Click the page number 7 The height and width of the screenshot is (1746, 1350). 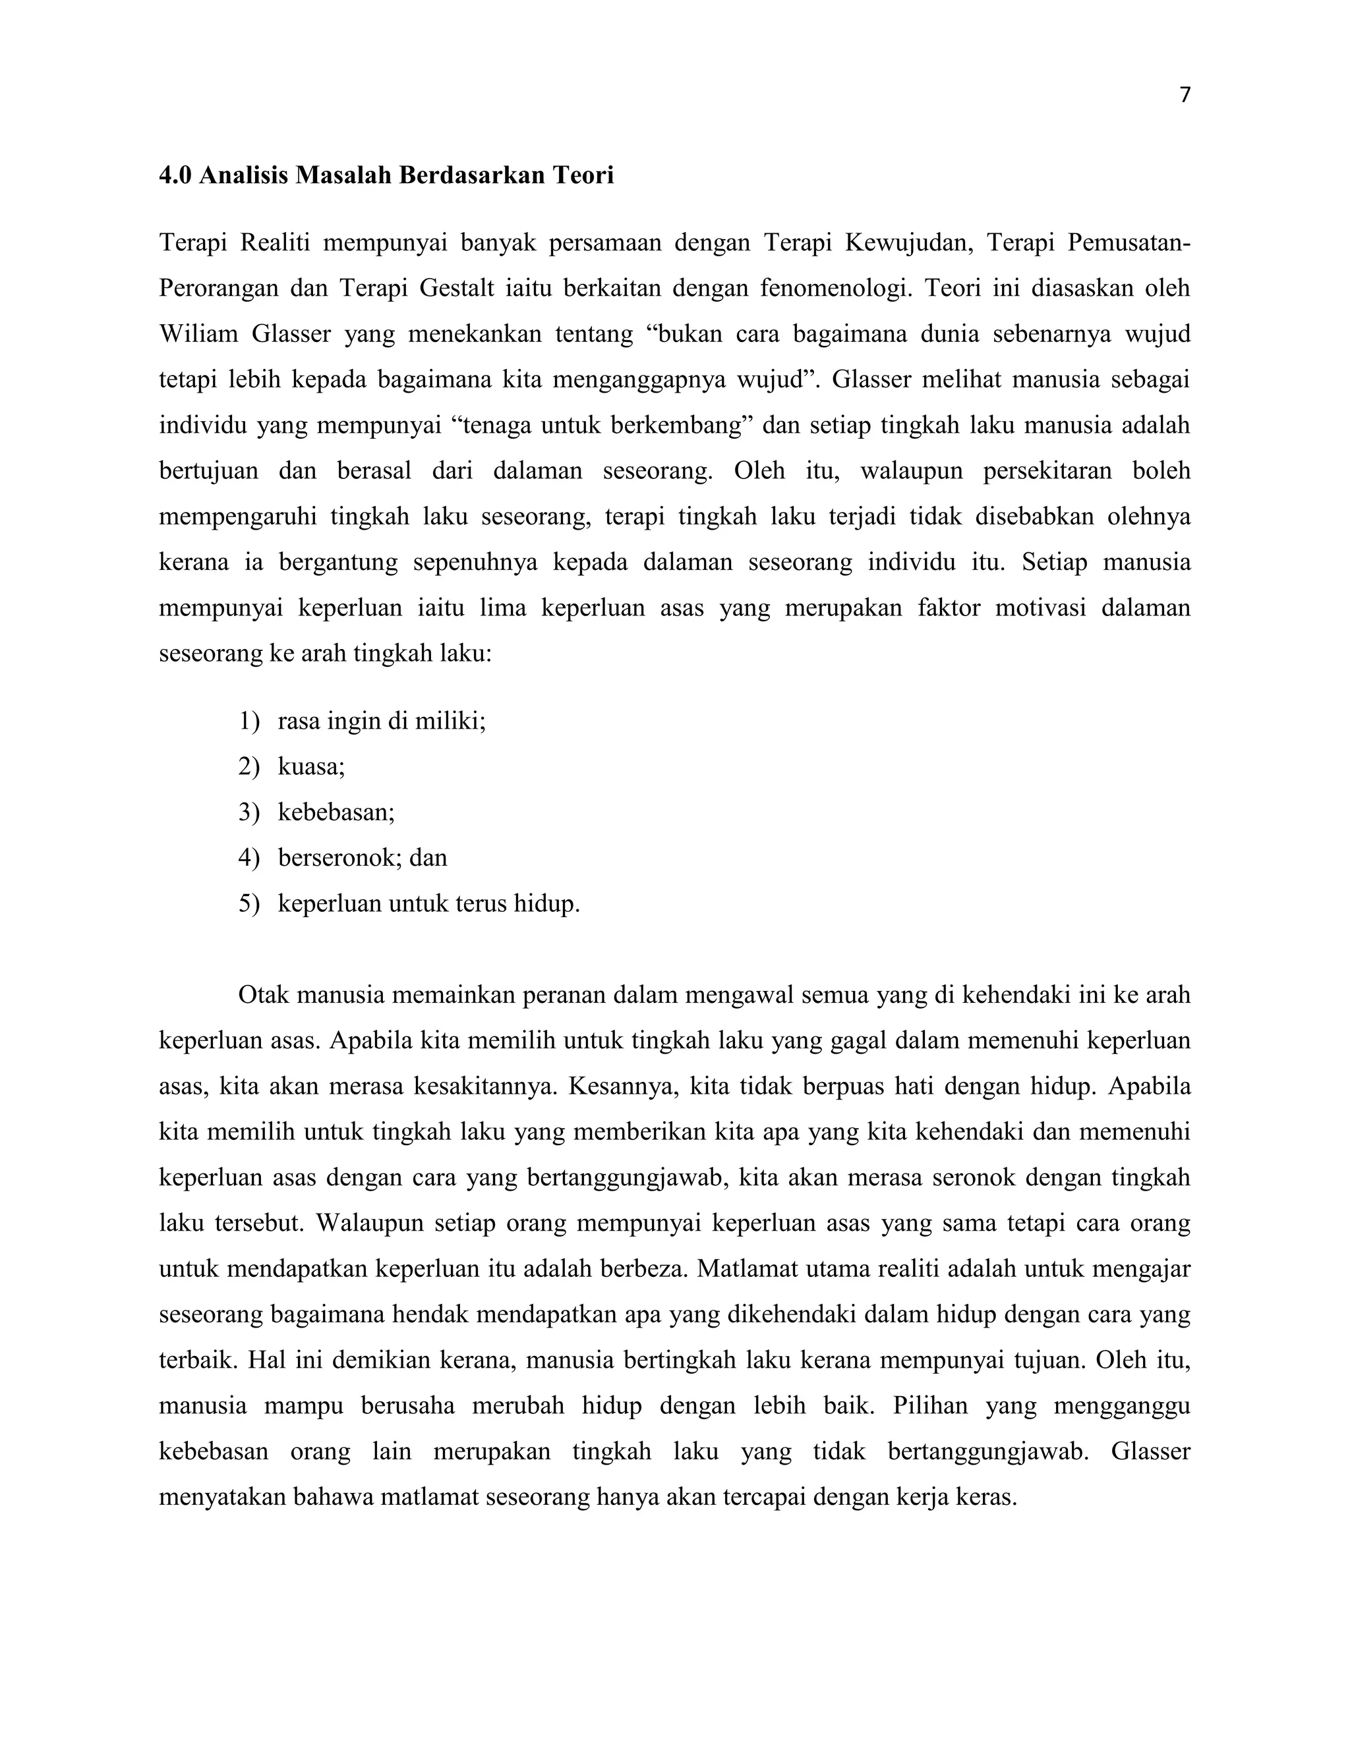click(1185, 95)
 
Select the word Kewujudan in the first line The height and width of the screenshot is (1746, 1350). click(908, 241)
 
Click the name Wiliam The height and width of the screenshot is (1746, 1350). click(198, 333)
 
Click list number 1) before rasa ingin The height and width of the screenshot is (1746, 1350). click(249, 721)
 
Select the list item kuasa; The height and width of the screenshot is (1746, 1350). click(311, 767)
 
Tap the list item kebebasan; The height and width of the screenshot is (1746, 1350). click(336, 812)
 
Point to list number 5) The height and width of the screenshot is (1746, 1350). click(249, 903)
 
